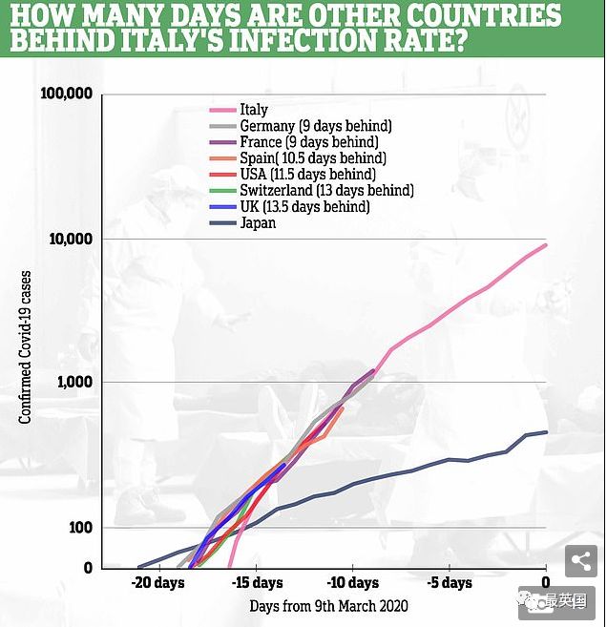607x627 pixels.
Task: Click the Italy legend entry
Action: coord(254,110)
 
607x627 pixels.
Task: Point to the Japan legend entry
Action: coord(258,223)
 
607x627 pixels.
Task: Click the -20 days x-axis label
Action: coord(158,583)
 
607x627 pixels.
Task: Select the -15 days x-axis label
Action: coord(257,583)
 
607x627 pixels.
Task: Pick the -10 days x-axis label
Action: coord(353,583)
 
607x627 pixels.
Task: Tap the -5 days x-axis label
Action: coord(450,583)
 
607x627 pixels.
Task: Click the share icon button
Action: coord(580,561)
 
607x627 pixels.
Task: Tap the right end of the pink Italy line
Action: coord(545,245)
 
